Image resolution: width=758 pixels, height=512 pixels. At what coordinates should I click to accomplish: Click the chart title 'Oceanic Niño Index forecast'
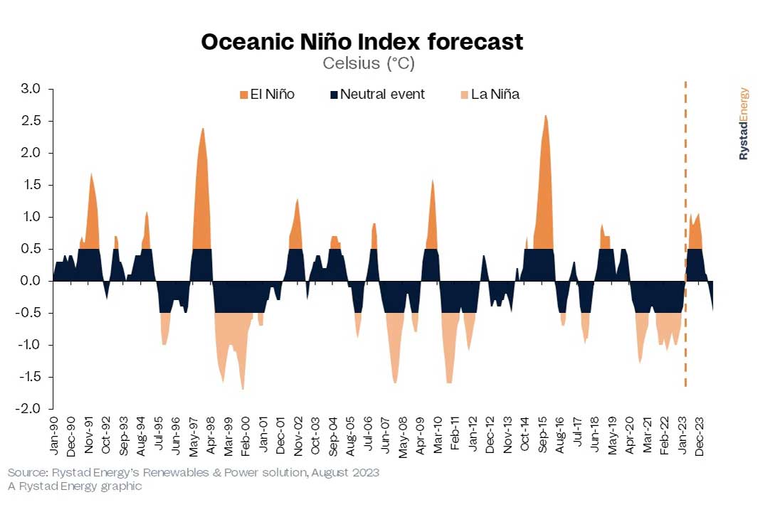(x=362, y=42)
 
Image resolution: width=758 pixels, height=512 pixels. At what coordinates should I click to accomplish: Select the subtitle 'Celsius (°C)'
(x=368, y=63)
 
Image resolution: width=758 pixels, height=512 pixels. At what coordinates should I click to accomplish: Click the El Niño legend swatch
(x=243, y=94)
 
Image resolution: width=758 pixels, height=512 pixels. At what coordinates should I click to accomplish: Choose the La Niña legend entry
(x=490, y=94)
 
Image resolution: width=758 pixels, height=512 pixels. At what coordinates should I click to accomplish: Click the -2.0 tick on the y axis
(x=31, y=409)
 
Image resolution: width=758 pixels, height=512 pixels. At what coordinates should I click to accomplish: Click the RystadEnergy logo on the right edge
(x=744, y=124)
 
